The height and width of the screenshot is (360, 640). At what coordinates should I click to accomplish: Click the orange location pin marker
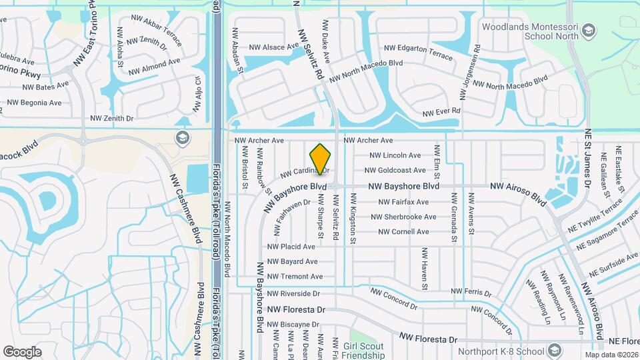(x=321, y=159)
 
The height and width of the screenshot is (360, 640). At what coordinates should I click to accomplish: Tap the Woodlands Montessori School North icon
(x=589, y=31)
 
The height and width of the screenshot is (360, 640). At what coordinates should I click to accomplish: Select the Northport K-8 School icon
(x=555, y=351)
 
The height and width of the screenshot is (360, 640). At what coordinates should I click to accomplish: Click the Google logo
(x=22, y=351)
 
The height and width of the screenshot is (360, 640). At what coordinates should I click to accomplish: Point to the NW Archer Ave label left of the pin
(x=259, y=141)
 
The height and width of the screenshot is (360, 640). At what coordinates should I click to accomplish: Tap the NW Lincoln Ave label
(x=395, y=155)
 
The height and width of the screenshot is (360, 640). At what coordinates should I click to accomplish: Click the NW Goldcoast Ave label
(x=397, y=171)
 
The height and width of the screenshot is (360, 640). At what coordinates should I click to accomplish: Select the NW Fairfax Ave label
(x=403, y=202)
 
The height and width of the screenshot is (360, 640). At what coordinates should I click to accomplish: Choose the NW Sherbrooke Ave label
(x=404, y=217)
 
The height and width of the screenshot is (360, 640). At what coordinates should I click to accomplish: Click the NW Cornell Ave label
(x=404, y=232)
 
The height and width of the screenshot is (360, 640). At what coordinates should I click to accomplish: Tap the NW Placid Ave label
(x=291, y=247)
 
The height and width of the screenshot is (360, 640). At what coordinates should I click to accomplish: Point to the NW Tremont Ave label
(x=295, y=277)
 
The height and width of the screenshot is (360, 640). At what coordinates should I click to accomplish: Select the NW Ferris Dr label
(x=471, y=293)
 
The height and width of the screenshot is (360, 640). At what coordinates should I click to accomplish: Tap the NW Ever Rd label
(x=442, y=111)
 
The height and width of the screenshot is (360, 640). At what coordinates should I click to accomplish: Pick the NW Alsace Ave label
(x=274, y=47)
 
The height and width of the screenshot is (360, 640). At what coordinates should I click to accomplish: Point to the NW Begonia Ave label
(x=33, y=103)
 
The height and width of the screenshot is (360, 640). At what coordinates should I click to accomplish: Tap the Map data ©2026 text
(x=611, y=355)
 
